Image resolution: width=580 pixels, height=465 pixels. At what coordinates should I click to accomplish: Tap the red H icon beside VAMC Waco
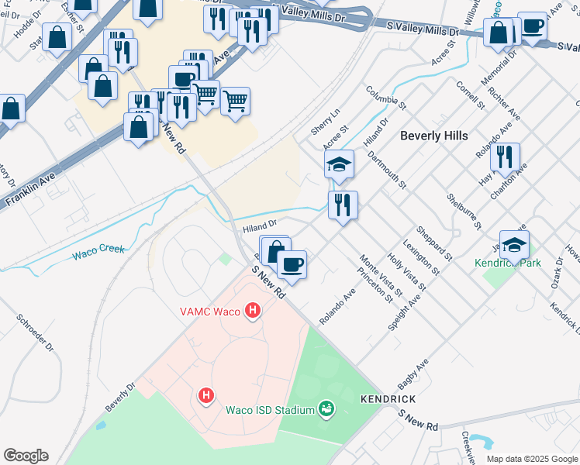[252, 312]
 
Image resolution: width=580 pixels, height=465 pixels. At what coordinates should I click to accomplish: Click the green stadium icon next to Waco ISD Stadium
[326, 408]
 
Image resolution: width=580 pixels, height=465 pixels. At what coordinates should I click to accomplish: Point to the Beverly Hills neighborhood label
[433, 136]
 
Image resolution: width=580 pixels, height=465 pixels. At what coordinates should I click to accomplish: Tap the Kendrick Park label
[507, 263]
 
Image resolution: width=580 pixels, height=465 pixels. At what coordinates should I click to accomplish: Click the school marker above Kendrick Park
[514, 245]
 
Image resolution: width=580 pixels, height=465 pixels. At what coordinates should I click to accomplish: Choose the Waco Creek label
[98, 252]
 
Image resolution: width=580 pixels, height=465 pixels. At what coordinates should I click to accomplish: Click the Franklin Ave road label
[32, 189]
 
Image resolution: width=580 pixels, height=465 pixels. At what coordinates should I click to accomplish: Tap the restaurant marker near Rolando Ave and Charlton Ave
[505, 157]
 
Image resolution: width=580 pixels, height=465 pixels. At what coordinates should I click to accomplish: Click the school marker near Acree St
[339, 164]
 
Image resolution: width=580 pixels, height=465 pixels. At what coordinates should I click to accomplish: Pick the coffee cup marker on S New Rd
[292, 265]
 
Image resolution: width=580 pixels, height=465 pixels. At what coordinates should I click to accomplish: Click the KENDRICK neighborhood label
[388, 398]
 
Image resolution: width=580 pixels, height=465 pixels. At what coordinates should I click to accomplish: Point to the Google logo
[26, 456]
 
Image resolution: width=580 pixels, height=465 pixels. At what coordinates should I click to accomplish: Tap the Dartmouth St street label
[392, 170]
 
